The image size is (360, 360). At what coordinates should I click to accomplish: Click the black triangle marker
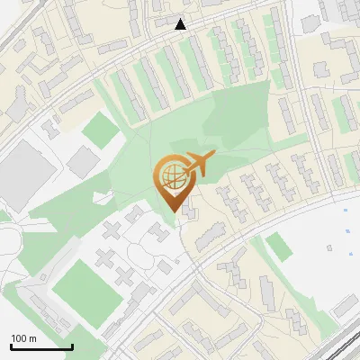[x=181, y=24]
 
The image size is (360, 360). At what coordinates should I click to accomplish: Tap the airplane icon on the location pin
[x=197, y=164]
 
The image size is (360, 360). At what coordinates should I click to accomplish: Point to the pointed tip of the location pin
[x=173, y=211]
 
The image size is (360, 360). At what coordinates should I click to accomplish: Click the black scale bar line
[x=40, y=346]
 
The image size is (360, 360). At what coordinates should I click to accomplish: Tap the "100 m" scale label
[x=23, y=337]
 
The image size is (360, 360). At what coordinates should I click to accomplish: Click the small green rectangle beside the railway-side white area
[x=280, y=247]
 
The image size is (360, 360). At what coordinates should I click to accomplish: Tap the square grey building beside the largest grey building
[x=83, y=162]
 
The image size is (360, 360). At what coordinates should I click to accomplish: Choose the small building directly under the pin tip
[x=189, y=212]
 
